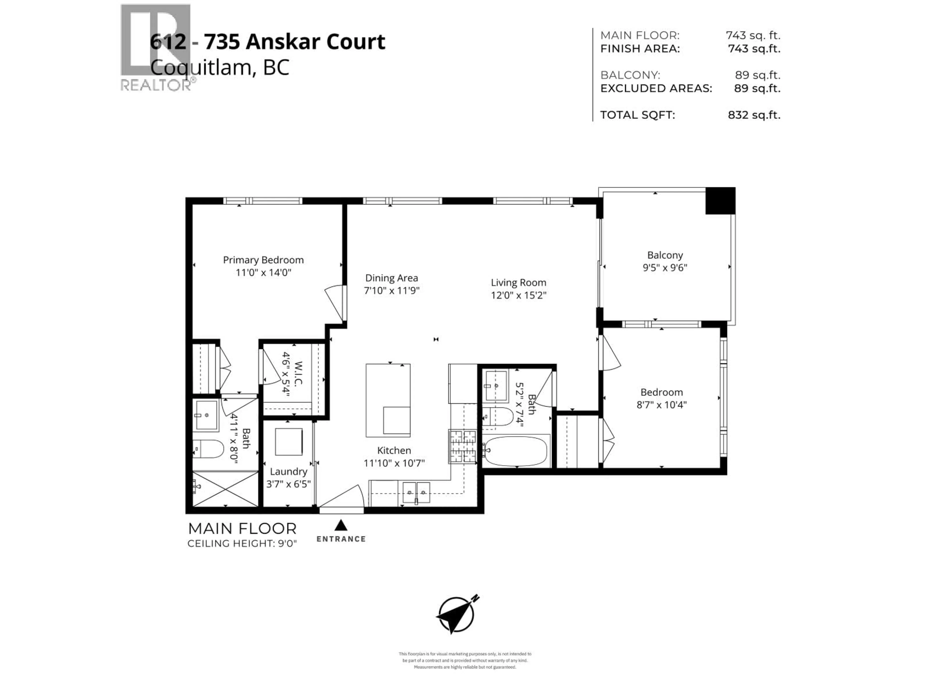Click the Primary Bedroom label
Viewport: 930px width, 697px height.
[263, 260]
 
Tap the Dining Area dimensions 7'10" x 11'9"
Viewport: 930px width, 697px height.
[391, 291]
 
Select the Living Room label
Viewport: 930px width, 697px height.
[518, 283]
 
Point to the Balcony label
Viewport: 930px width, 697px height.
[665, 255]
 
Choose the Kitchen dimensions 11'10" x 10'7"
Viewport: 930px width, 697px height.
[394, 463]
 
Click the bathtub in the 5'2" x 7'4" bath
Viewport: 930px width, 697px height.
[515, 451]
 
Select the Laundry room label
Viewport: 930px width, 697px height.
[288, 471]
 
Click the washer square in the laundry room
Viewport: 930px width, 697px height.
[288, 442]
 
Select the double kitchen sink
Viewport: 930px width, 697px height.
[416, 492]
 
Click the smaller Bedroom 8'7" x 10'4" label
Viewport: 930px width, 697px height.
[661, 392]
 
